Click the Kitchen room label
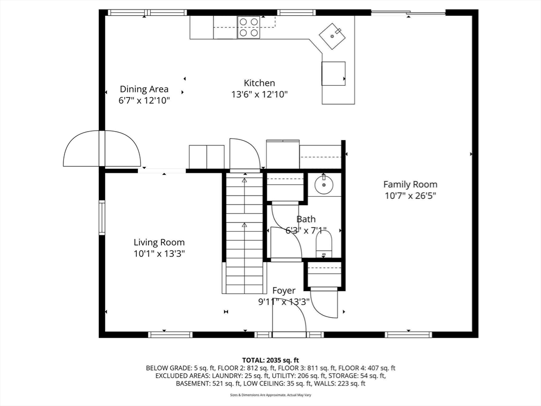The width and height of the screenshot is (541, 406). pyautogui.click(x=259, y=83)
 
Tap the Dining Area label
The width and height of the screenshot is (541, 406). pyautogui.click(x=144, y=89)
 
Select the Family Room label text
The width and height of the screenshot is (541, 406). pyautogui.click(x=410, y=184)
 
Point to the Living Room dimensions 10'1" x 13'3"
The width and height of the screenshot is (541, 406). pyautogui.click(x=159, y=254)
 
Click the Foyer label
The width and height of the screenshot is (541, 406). pyautogui.click(x=284, y=291)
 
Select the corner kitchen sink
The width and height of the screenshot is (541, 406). pyautogui.click(x=333, y=35)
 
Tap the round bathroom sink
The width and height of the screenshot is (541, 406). pyautogui.click(x=323, y=184)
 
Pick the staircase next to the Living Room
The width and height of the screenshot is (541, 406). pyautogui.click(x=244, y=233)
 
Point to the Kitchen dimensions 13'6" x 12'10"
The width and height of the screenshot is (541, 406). pyautogui.click(x=259, y=95)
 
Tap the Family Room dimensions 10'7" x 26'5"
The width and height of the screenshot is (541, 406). pyautogui.click(x=410, y=196)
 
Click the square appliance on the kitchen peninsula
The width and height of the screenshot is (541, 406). pyautogui.click(x=333, y=73)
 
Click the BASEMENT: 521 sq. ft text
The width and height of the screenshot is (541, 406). pyautogui.click(x=208, y=383)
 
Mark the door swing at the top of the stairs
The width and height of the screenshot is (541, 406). pyautogui.click(x=245, y=154)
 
